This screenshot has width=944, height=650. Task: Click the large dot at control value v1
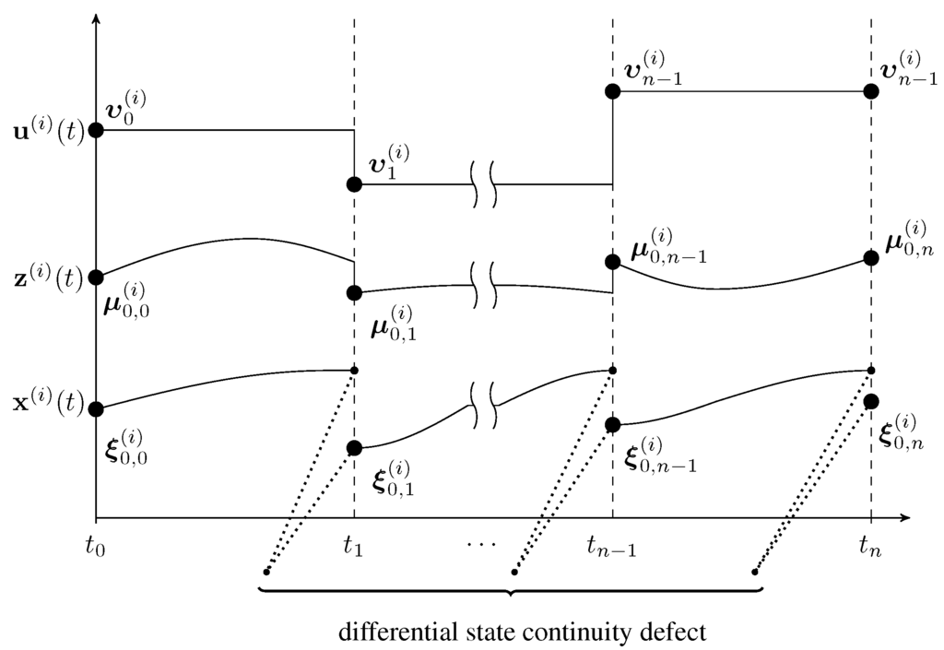point(355,184)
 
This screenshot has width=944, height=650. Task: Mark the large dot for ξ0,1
point(355,448)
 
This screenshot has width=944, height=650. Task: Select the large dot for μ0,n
point(871,258)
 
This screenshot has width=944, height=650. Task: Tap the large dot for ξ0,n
point(871,401)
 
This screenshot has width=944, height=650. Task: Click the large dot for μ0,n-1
point(613,262)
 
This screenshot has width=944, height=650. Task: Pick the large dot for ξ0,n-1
point(613,425)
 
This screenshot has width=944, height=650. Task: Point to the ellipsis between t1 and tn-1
point(480,544)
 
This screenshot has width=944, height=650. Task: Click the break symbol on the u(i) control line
point(485,184)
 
